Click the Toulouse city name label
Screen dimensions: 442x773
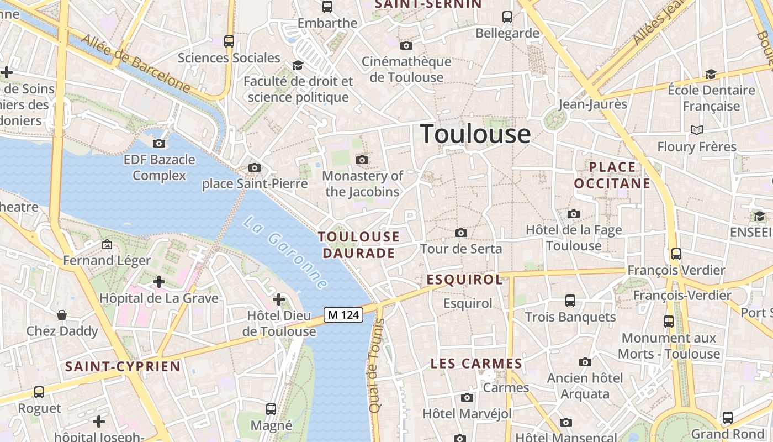[x=475, y=134]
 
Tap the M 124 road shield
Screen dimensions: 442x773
[x=343, y=315]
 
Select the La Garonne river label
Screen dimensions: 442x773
[x=285, y=252]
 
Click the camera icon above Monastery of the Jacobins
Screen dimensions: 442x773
[x=362, y=160]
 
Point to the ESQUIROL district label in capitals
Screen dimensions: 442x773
[x=464, y=280]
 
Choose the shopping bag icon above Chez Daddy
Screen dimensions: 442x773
[x=62, y=315]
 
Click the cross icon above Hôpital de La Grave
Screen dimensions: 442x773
[x=159, y=282]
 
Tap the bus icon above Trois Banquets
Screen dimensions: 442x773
[x=570, y=301]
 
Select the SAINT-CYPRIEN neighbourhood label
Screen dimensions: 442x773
[x=123, y=366]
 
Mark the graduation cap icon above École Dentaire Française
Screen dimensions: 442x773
[x=711, y=74]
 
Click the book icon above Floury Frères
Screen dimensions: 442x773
[x=697, y=130]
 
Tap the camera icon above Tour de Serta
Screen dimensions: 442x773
[x=461, y=233]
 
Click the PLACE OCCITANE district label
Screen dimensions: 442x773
[x=612, y=175]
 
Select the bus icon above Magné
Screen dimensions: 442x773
[x=271, y=409]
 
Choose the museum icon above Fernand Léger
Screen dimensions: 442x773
[x=107, y=244]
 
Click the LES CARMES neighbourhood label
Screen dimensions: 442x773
[x=476, y=364]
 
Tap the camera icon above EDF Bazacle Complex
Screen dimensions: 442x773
[x=159, y=144]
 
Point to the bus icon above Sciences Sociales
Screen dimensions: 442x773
[x=229, y=41]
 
